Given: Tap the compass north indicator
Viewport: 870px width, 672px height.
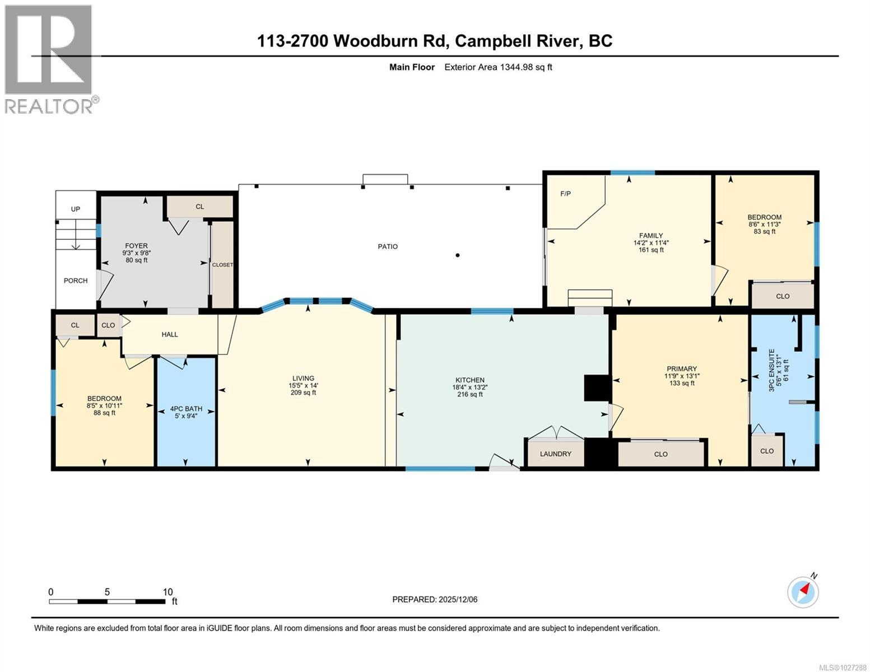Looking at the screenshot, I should [803, 591].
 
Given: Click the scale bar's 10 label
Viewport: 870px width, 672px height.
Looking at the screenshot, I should [168, 592].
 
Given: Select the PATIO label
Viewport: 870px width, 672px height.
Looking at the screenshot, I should [388, 246].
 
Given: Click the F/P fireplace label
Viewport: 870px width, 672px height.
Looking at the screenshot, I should [565, 194].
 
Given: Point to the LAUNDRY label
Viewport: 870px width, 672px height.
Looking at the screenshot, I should [555, 454].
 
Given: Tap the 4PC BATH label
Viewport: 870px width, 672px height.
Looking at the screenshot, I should [186, 409].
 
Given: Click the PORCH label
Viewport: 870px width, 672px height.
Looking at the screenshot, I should [76, 281].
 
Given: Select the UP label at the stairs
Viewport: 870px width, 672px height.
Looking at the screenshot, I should [76, 209].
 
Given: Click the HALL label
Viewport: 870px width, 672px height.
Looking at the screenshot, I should [170, 334].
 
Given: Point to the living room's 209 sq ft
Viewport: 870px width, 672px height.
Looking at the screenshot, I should [303, 393].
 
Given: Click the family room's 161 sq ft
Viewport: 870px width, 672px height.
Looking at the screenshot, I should [651, 250].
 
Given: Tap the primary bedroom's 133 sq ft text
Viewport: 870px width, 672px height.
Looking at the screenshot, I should [682, 383].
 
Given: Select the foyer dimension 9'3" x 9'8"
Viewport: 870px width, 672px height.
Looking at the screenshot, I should [136, 253].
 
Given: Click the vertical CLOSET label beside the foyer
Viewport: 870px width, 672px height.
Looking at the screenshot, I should [222, 265].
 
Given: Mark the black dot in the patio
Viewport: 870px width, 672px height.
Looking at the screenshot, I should [458, 255].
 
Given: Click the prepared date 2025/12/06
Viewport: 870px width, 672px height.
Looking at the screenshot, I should [458, 599].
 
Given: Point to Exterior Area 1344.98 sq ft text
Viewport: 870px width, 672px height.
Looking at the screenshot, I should [498, 67].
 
